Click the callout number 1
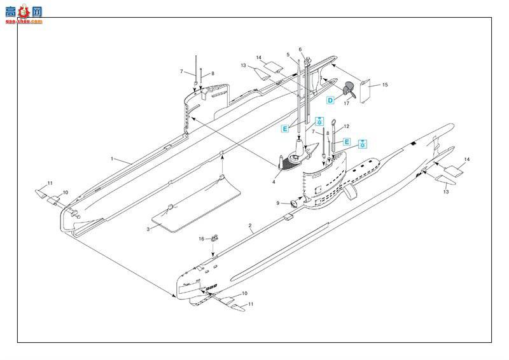coord(112,158)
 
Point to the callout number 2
coord(251,226)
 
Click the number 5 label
coord(288,55)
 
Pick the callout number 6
coord(300,50)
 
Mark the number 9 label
coord(278,203)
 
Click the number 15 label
coord(384,85)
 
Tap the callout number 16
coord(201,239)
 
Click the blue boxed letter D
coord(331,100)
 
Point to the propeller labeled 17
coord(347,90)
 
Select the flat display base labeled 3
coord(197,204)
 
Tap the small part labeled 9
coord(295,204)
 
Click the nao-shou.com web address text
coord(22,21)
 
